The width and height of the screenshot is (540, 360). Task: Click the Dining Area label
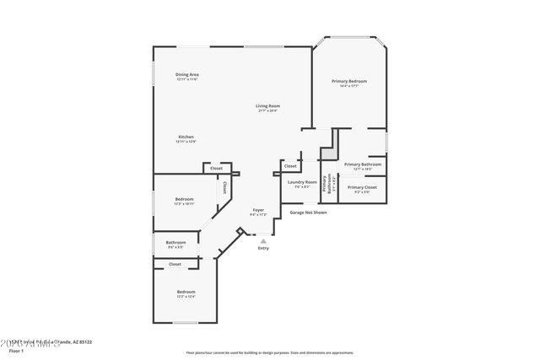click(x=187, y=75)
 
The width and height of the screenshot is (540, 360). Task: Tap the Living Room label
click(x=268, y=105)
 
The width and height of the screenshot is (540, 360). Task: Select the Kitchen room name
click(x=186, y=137)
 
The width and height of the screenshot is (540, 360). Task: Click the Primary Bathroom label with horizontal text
click(x=364, y=164)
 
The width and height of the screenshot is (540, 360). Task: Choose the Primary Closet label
click(x=361, y=187)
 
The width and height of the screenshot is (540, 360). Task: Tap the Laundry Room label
click(x=301, y=182)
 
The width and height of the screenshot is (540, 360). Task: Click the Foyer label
click(x=258, y=210)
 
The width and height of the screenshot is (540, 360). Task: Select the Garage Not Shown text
click(x=308, y=212)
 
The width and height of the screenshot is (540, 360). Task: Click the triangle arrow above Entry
click(x=263, y=240)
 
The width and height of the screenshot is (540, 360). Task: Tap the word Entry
click(x=263, y=248)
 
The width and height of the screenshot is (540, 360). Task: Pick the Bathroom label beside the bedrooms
click(x=175, y=243)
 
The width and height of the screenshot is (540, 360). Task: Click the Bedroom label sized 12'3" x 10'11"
click(x=184, y=199)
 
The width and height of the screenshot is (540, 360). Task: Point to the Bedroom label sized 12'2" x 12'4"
click(x=186, y=292)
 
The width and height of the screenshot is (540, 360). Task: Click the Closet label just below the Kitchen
click(x=217, y=168)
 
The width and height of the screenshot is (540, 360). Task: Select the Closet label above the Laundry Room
click(x=290, y=166)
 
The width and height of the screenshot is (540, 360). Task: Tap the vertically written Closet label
click(x=224, y=189)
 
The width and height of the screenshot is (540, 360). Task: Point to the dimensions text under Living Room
click(x=268, y=110)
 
